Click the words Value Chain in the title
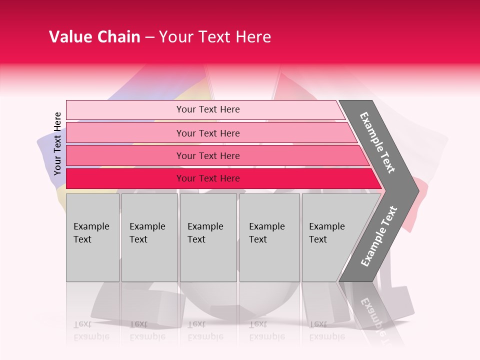point(94,37)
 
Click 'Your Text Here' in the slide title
point(215,37)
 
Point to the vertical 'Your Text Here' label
point(57,144)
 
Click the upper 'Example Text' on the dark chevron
point(377,142)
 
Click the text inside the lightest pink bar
point(208,109)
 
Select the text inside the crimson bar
point(208,178)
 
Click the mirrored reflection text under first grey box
point(91,330)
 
